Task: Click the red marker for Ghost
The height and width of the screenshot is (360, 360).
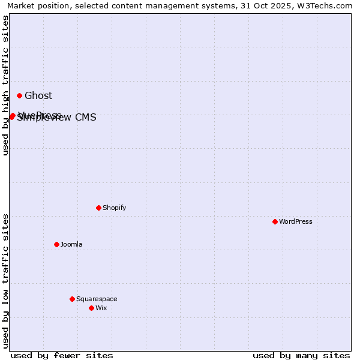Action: [x=19, y=95]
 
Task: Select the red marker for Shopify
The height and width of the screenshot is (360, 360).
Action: [x=98, y=208]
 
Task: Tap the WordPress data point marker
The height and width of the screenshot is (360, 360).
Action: [x=275, y=221]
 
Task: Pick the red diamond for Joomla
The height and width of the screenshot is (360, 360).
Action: [x=56, y=244]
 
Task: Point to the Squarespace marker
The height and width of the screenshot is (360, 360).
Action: [x=72, y=299]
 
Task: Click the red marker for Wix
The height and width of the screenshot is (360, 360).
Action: [x=91, y=308]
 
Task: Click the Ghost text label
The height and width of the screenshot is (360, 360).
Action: [x=38, y=95]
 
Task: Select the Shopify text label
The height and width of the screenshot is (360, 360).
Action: [x=114, y=208]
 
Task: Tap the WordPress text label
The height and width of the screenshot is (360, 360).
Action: [x=296, y=221]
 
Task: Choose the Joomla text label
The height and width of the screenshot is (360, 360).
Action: [x=71, y=244]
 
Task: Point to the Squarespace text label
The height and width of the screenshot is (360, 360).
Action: [x=97, y=299]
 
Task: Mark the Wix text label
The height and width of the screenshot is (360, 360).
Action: [x=101, y=308]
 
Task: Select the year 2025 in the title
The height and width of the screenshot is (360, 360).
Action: [x=273, y=5]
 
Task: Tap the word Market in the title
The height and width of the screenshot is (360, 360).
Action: [x=22, y=5]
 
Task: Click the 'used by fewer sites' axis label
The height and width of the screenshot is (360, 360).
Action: [x=62, y=355]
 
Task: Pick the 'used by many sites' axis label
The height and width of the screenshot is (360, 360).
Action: [x=301, y=355]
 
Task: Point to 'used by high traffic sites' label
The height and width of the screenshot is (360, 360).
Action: [x=5, y=85]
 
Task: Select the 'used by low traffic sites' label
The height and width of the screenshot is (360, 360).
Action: [x=5, y=281]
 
